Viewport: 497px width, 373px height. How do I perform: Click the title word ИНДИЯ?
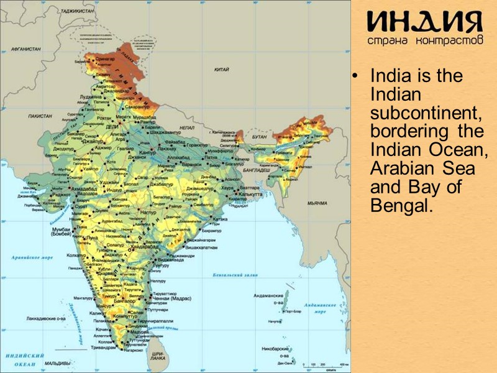tap(424, 24)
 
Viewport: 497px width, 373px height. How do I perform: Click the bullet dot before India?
tap(355, 78)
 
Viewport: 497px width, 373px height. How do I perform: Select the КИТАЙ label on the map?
tap(222, 70)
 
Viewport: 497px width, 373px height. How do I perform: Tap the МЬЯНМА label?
tap(317, 203)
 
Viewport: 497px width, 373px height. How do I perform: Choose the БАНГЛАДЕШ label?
tap(256, 170)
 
